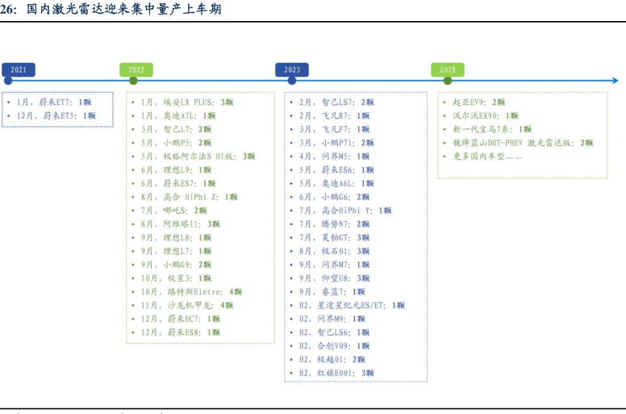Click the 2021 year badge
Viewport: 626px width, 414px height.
(x=19, y=69)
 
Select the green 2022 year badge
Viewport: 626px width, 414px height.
(x=136, y=69)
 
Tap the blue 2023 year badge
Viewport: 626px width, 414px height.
(x=292, y=69)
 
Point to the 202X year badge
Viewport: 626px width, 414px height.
(x=449, y=69)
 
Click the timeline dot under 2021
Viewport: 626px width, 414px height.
(x=7, y=80)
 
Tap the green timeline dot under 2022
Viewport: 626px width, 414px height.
(x=133, y=80)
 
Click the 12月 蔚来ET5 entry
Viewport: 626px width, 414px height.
(x=57, y=115)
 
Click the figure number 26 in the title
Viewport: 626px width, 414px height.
(x=8, y=10)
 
